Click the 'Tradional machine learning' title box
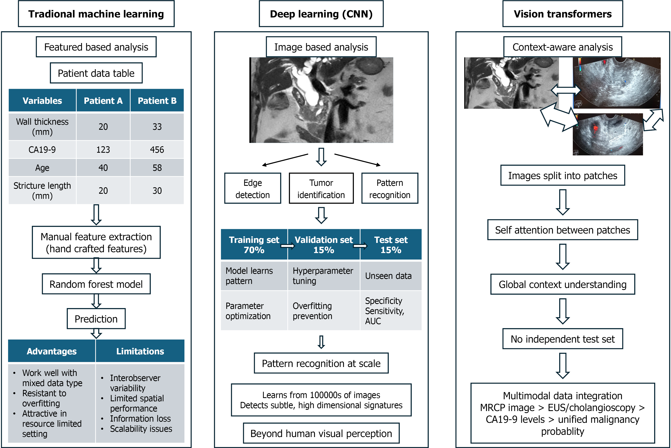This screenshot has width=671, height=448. pyautogui.click(x=96, y=14)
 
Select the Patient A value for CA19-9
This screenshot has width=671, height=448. pyautogui.click(x=103, y=149)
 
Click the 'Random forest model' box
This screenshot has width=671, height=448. pyautogui.click(x=96, y=284)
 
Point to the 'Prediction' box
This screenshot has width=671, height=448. pyautogui.click(x=96, y=319)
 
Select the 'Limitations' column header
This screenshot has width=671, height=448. pyautogui.click(x=140, y=351)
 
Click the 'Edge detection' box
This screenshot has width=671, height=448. pyautogui.click(x=253, y=188)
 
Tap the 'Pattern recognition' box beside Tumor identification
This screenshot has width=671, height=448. pyautogui.click(x=390, y=188)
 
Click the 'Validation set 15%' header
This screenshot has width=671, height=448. pyautogui.click(x=324, y=245)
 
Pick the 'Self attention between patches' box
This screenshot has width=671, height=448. pyautogui.click(x=562, y=230)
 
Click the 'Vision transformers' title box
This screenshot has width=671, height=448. pyautogui.click(x=562, y=14)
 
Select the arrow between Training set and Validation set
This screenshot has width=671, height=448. pyautogui.click(x=288, y=246)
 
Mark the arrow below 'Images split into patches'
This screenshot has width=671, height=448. pyautogui.click(x=562, y=202)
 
